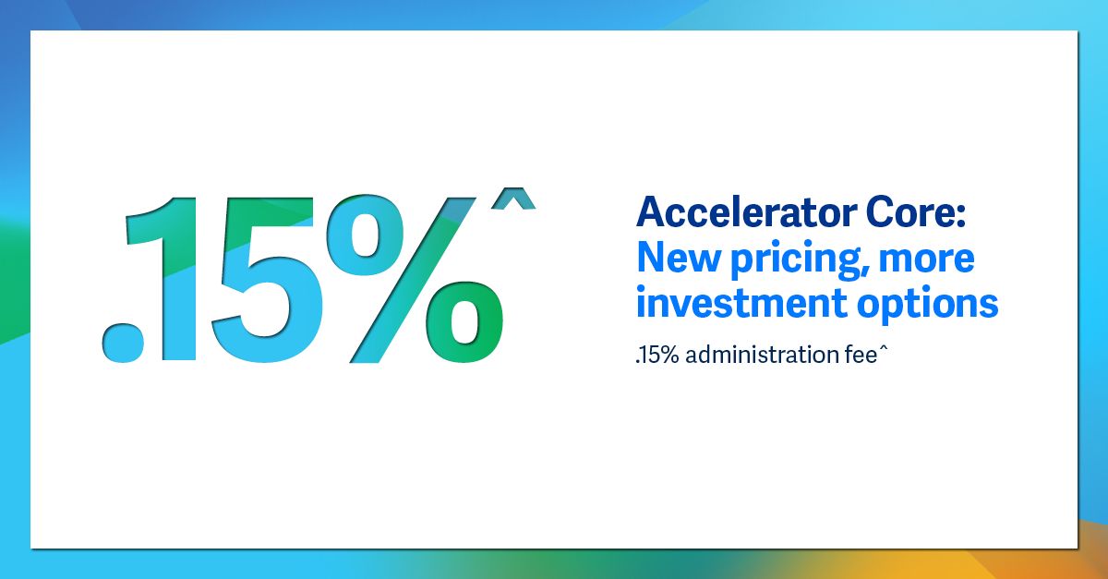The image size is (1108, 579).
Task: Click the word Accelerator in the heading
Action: (x=746, y=211)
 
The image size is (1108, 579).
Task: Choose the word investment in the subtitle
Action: (x=741, y=303)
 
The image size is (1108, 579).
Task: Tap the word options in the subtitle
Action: (x=928, y=306)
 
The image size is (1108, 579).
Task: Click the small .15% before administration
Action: (x=657, y=356)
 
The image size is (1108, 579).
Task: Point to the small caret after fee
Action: (x=884, y=349)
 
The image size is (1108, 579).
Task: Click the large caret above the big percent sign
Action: (x=513, y=199)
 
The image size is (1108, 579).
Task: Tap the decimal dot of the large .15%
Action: (x=123, y=343)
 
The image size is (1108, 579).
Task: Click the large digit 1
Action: (x=166, y=279)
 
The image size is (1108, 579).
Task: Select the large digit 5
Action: (x=267, y=280)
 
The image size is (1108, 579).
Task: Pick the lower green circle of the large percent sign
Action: (x=465, y=322)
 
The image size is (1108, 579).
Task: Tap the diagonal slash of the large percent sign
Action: (x=413, y=280)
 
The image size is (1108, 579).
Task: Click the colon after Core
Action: (x=960, y=215)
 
